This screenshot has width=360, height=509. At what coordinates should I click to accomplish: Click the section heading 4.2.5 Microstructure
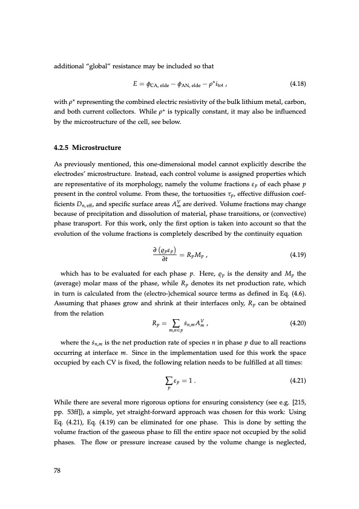click(85, 147)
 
